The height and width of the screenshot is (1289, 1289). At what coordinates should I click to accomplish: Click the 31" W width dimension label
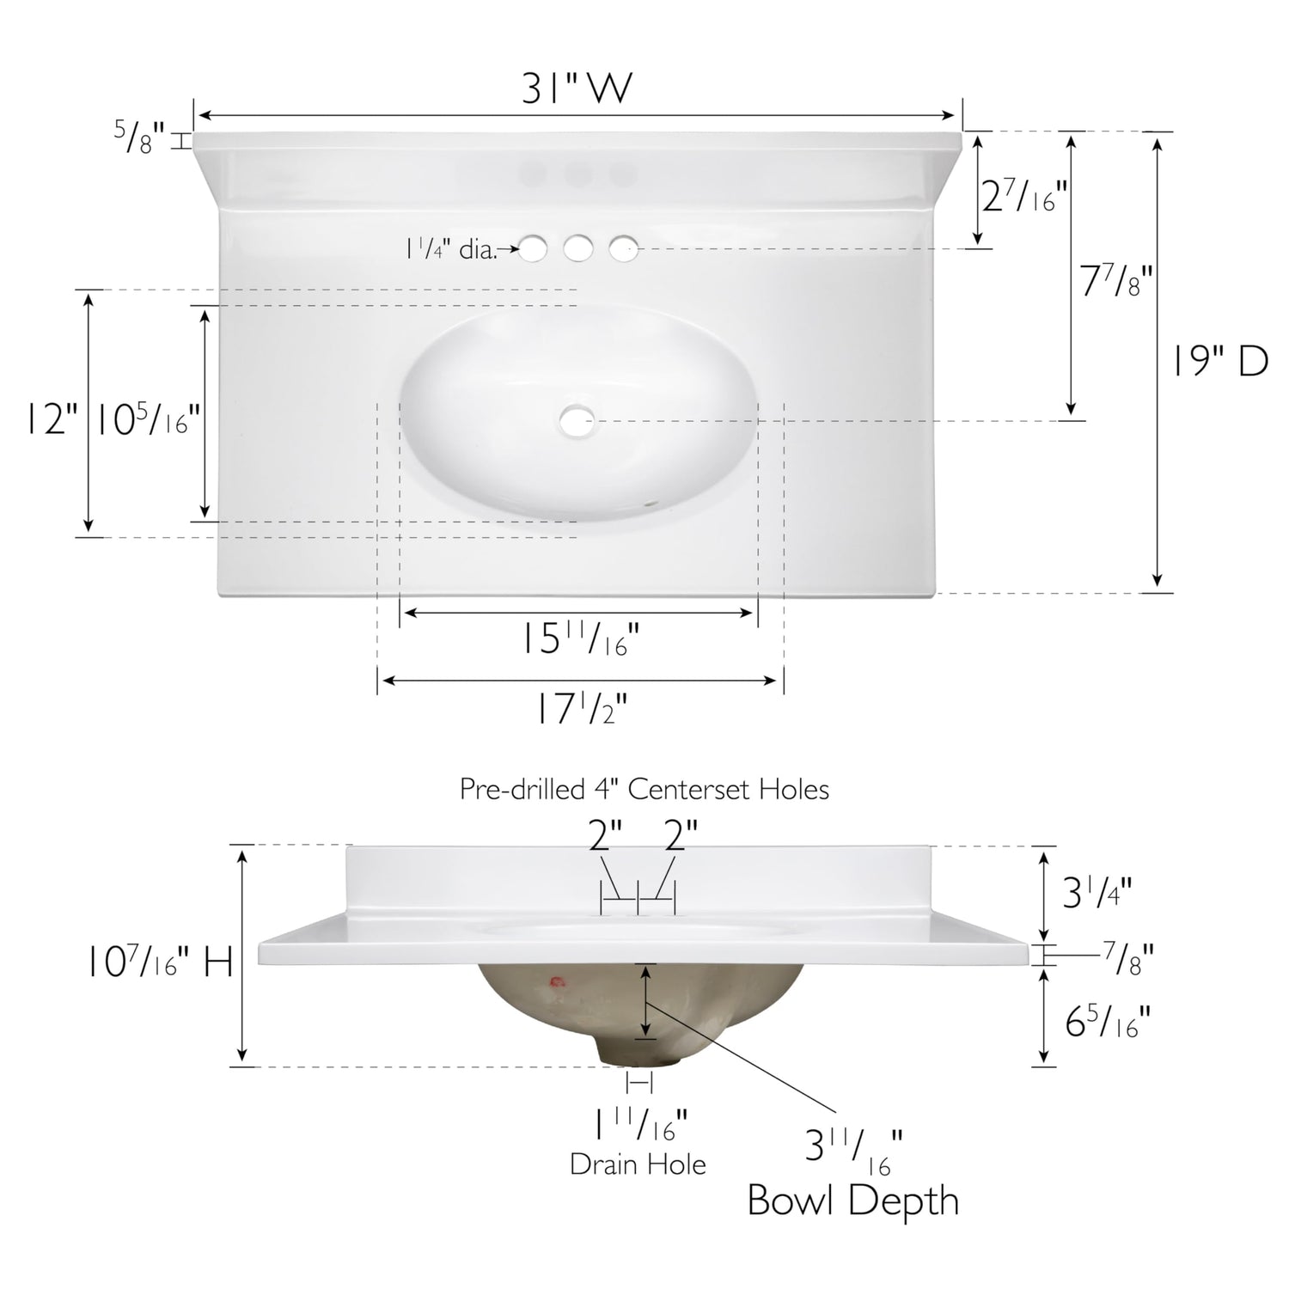(x=577, y=88)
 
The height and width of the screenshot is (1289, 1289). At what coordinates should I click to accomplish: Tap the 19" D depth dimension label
(x=1221, y=362)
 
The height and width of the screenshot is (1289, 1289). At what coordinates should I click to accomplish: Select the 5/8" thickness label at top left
(x=140, y=137)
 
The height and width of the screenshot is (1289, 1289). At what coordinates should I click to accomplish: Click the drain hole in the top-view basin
(x=577, y=421)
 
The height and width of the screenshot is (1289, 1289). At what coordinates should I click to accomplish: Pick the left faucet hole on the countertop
(x=533, y=249)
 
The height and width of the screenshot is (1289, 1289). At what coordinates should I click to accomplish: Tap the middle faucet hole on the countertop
(x=578, y=249)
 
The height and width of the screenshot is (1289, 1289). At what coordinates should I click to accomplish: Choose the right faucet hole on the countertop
(x=624, y=249)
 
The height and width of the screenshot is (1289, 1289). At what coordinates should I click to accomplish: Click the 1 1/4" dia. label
(x=451, y=250)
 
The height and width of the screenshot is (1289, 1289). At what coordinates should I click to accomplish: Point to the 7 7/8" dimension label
(x=1115, y=280)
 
